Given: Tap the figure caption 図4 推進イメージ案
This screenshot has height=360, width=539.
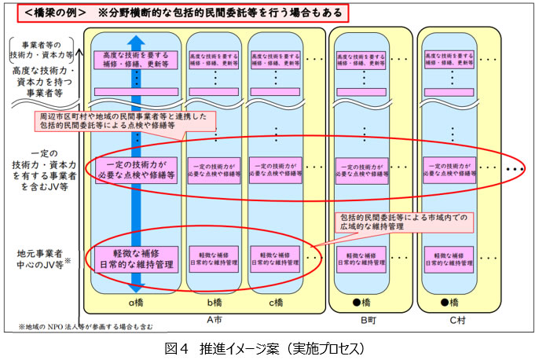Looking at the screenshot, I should click(269, 346).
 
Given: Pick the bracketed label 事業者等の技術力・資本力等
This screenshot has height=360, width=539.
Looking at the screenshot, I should click(41, 50).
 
